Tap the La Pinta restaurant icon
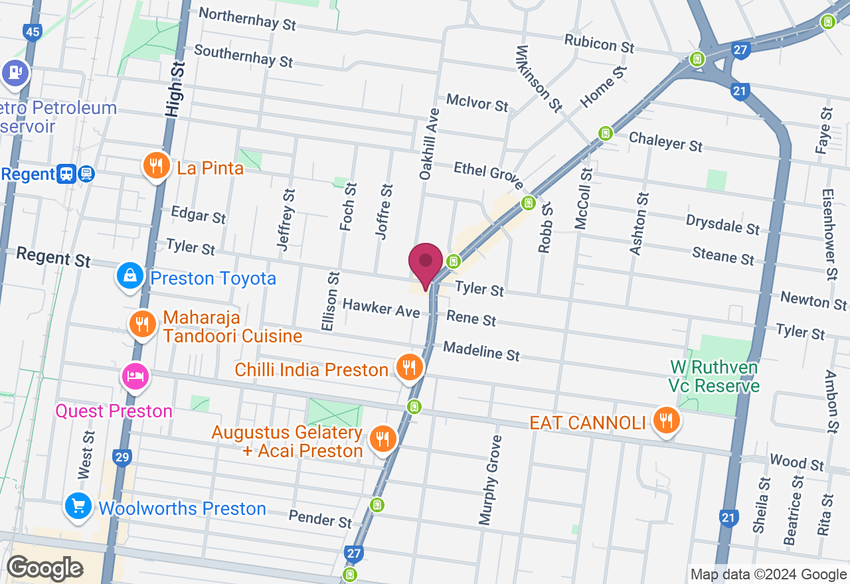tap(156, 165)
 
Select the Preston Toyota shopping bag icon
tap(130, 276)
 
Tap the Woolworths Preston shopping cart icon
tap(78, 507)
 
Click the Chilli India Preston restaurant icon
tap(410, 367)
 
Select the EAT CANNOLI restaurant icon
tap(665, 420)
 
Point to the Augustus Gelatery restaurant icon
tap(382, 439)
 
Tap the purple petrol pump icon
tap(15, 72)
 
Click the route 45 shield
tap(31, 31)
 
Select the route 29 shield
tap(122, 457)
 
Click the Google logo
tap(44, 569)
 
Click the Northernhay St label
tap(247, 18)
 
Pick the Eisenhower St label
tap(828, 234)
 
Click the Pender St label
tap(321, 518)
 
